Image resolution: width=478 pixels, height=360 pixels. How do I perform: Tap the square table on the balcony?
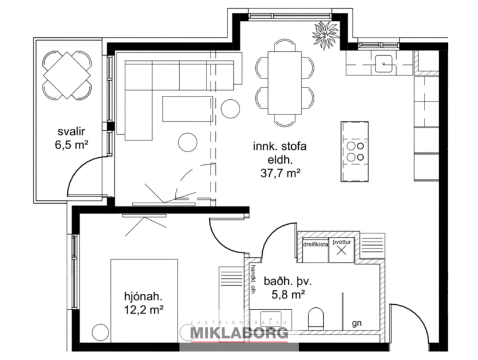pos(67,75)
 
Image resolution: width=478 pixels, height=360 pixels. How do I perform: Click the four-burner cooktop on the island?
pos(354,151)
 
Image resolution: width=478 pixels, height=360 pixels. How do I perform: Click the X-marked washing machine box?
pos(342,251)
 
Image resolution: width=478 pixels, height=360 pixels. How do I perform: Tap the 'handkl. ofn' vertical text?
pos(254,280)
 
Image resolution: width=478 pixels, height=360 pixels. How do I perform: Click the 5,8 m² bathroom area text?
pos(288,294)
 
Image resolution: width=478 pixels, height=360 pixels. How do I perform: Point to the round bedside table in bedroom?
pos(100,332)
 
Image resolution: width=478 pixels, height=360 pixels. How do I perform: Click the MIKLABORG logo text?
pos(240,333)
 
